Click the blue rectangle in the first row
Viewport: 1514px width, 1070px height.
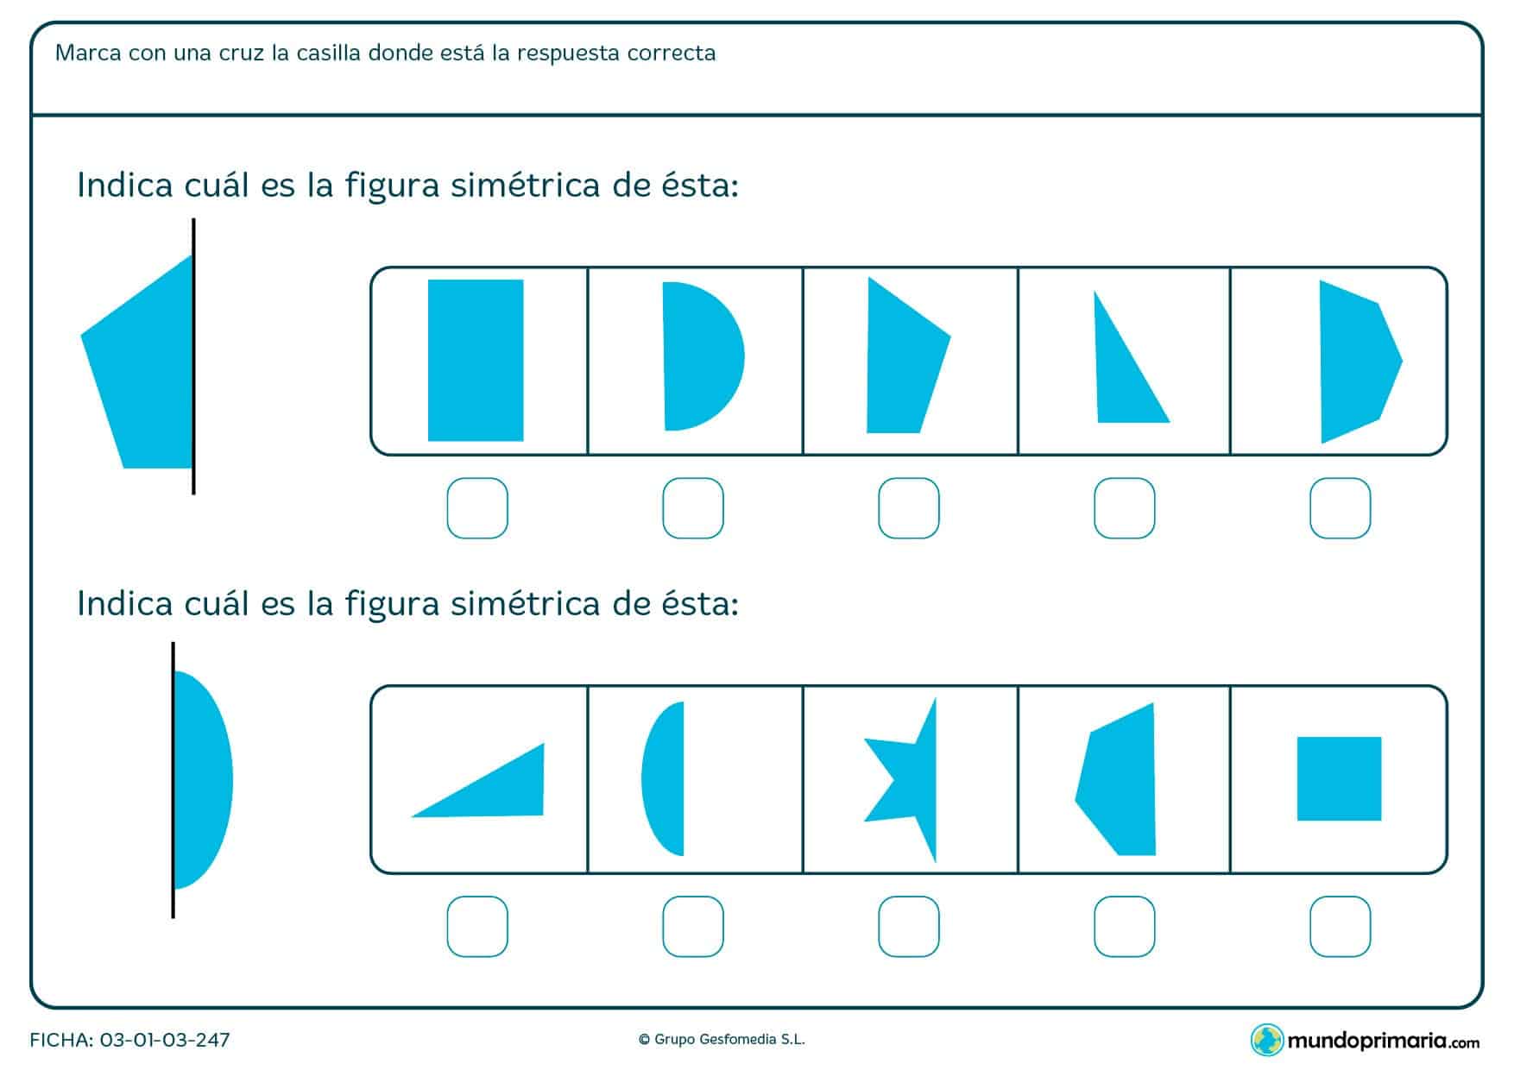click(x=476, y=360)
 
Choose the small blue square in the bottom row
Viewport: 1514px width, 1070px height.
click(x=1339, y=778)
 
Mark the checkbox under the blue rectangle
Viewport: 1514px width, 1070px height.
click(x=477, y=508)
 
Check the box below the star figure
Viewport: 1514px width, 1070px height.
click(x=909, y=927)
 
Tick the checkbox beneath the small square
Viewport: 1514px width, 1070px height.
click(x=1341, y=927)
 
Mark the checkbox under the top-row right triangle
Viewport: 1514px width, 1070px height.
click(x=1125, y=508)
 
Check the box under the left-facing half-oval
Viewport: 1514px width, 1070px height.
click(x=693, y=927)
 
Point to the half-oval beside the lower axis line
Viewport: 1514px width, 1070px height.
click(x=203, y=780)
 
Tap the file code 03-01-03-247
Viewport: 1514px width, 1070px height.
click(x=165, y=1040)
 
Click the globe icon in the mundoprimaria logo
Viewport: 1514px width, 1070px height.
click(x=1266, y=1039)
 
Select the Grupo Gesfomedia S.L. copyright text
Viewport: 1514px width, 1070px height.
click(x=722, y=1040)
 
